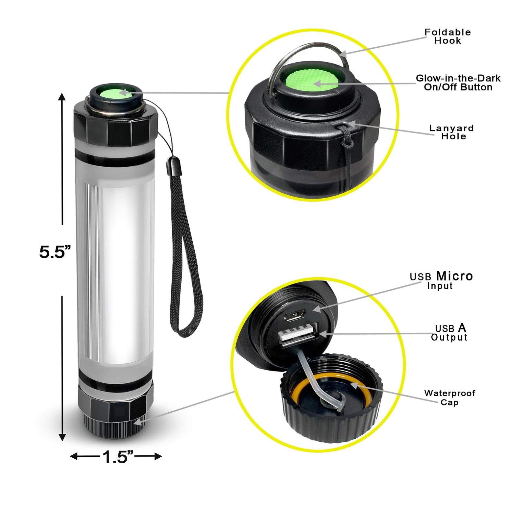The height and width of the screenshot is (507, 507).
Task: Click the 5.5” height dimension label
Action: (x=55, y=253)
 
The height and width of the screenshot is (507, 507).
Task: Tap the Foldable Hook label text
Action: (x=447, y=36)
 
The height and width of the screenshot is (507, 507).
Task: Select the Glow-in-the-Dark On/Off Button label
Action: (x=458, y=83)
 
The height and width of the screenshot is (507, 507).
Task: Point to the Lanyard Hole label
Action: (x=452, y=132)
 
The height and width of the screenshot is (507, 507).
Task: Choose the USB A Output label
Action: (x=449, y=332)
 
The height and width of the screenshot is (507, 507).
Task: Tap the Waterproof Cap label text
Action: (x=449, y=398)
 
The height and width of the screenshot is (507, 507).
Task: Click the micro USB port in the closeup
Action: (x=294, y=317)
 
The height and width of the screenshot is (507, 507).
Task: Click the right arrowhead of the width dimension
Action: (x=158, y=456)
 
